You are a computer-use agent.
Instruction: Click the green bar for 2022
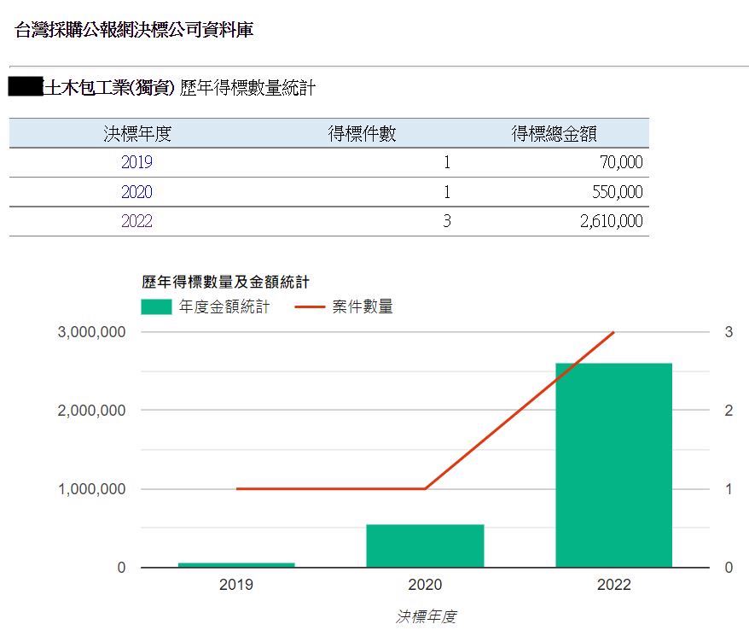613,464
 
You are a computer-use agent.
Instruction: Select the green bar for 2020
425,545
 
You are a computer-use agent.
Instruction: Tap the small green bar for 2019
236,564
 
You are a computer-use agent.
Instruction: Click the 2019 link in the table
136,162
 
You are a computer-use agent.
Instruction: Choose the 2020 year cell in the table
136,192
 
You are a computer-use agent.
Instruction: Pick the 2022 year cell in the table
136,221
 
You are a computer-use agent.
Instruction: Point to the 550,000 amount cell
616,192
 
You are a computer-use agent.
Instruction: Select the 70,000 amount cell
620,162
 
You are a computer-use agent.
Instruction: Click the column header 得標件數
362,133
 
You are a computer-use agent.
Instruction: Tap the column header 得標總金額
554,133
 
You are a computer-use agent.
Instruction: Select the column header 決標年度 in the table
137,133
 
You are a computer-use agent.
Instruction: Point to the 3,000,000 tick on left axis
91,332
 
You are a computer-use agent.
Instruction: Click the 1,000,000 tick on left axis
91,489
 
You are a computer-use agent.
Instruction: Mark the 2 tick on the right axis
729,411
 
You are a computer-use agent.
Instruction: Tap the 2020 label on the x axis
425,586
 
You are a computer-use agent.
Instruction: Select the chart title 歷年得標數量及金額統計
225,281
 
